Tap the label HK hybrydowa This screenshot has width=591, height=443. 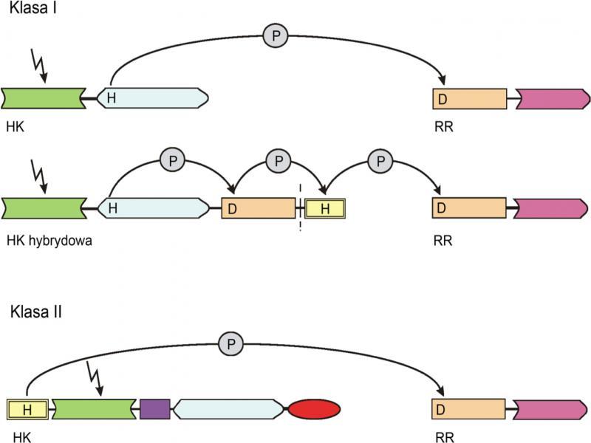point(47,240)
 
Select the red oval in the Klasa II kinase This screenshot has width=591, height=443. point(314,408)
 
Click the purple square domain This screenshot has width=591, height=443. point(154,408)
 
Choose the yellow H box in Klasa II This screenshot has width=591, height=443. point(27,408)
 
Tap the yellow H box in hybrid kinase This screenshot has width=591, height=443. point(325,209)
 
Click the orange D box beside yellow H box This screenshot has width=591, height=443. point(259,208)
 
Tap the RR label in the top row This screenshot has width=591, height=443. point(444,128)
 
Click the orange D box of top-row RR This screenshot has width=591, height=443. point(469,99)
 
